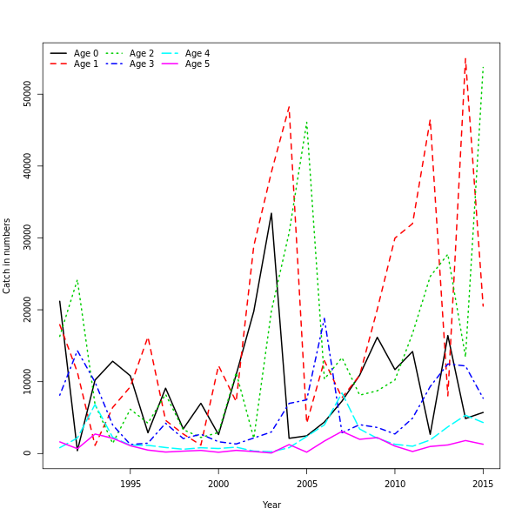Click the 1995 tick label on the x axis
[x=130, y=484]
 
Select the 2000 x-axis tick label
[x=218, y=484]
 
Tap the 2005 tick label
[x=306, y=484]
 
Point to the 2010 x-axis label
[x=395, y=484]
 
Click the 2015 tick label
[x=483, y=484]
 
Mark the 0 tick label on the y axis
[x=28, y=453]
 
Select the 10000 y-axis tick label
[x=28, y=381]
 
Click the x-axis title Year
[x=271, y=505]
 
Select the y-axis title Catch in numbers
[x=8, y=256]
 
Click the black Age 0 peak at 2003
[x=271, y=213]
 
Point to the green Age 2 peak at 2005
[x=306, y=122]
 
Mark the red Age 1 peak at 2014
[x=465, y=58]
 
